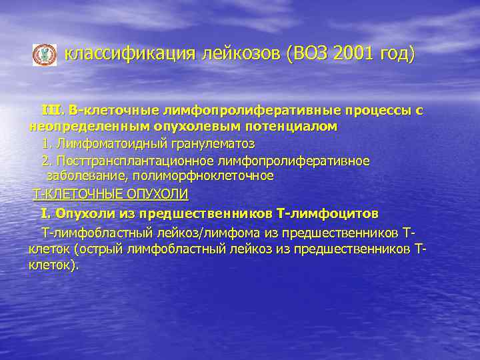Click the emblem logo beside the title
click(x=45, y=55)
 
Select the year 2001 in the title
click(x=353, y=53)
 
